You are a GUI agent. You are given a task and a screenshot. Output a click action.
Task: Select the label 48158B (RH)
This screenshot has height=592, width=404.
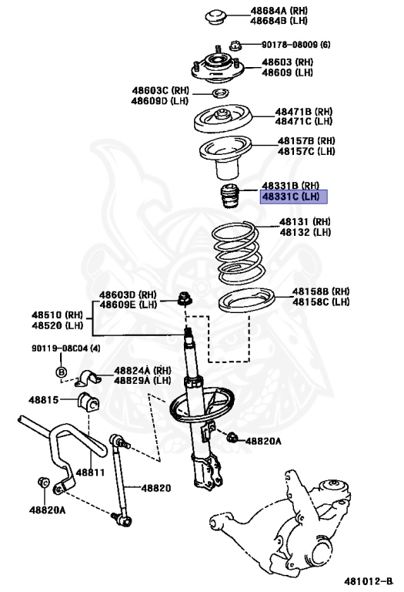point(321,292)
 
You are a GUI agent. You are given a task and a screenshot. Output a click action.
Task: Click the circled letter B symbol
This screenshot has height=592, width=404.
point(62,374)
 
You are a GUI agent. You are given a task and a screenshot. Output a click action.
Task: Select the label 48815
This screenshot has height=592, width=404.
point(44,399)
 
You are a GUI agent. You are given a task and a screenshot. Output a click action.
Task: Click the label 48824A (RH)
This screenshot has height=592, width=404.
point(142,371)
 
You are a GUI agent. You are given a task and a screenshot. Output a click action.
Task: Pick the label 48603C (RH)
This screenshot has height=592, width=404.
point(159,91)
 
